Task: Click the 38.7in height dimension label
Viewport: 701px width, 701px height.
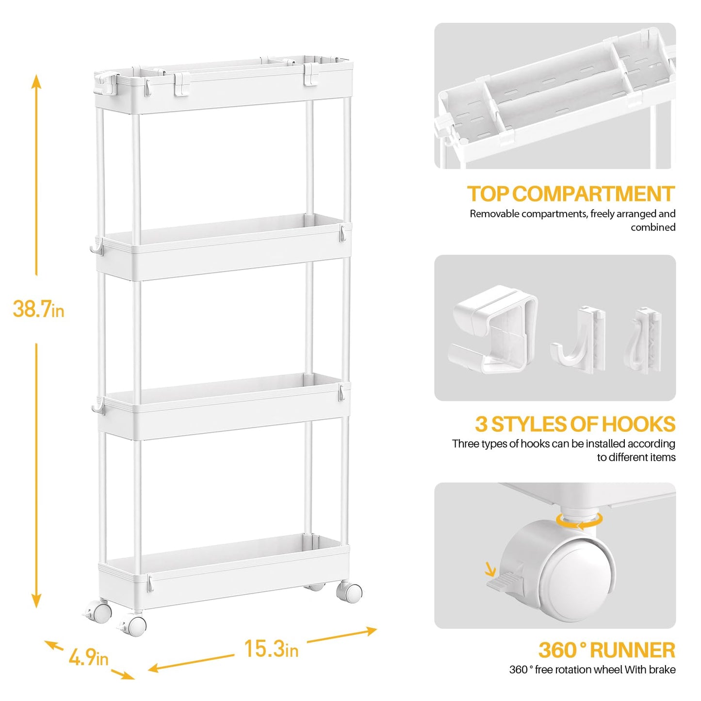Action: click(x=38, y=309)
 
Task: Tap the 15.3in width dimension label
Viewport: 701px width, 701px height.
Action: click(x=271, y=649)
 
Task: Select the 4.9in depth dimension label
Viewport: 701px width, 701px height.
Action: click(x=88, y=658)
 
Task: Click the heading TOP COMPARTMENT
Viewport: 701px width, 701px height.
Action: click(x=571, y=194)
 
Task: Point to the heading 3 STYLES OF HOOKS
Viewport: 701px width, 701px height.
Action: click(x=575, y=424)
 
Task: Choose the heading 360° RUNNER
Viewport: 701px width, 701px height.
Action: click(x=606, y=650)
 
